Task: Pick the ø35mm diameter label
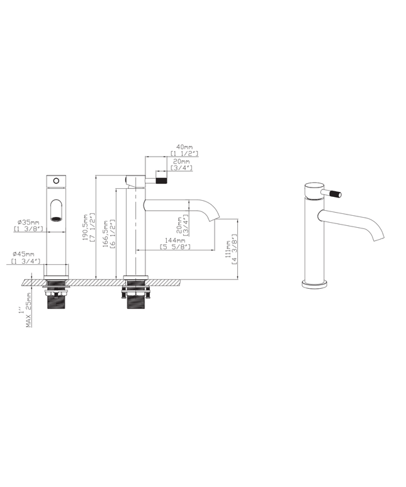[28, 222]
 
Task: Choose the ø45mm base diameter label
[26, 254]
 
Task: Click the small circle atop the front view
[56, 181]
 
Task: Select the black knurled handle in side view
[161, 180]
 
